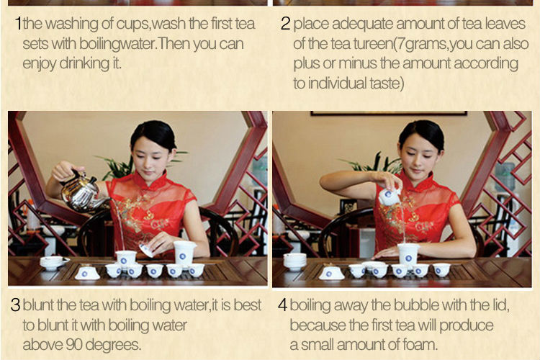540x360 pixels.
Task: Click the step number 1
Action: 18,24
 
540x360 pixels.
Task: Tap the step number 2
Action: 285,24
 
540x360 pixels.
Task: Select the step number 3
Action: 15,305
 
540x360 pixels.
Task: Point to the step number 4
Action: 282,305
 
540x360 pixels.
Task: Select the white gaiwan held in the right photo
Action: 390,196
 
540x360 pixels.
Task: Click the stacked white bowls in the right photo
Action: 294,261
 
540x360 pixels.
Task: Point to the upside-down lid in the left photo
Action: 87,273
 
